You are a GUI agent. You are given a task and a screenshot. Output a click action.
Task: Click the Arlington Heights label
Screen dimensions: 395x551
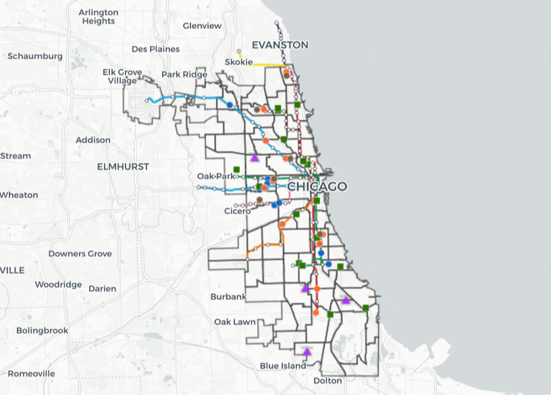99,17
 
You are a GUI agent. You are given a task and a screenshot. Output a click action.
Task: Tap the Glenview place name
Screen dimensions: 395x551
202,26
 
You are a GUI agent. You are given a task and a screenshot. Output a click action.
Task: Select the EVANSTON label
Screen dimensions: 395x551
280,45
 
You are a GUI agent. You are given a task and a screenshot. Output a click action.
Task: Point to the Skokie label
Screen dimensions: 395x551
238,63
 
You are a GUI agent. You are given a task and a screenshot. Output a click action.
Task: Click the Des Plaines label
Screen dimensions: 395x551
155,49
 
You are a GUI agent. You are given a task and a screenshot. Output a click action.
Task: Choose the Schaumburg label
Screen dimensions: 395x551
35,56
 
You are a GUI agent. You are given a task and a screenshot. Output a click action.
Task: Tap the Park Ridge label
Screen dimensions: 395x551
184,74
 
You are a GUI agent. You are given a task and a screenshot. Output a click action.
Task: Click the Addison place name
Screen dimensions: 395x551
93,140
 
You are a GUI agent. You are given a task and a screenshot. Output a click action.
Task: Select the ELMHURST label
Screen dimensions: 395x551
123,166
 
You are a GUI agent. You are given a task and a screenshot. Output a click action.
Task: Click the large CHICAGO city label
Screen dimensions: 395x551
317,187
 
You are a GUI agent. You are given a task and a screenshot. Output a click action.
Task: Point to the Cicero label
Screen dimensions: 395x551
237,211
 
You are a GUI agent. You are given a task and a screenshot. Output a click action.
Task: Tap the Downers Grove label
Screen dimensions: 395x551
80,253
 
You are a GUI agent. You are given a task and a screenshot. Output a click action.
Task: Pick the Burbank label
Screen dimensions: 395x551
228,297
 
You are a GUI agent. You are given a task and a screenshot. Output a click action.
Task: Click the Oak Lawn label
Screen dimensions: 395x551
235,322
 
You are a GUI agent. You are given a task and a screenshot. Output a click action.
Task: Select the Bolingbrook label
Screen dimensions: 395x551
42,330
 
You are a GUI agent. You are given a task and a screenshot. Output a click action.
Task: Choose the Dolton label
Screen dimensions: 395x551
328,381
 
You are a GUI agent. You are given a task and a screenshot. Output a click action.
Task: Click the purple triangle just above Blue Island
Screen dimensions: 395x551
307,351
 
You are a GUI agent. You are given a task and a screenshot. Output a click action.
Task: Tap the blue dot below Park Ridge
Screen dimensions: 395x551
230,105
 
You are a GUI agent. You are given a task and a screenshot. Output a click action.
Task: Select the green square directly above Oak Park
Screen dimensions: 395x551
236,169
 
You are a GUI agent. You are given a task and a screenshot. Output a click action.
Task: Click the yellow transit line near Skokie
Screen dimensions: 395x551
267,64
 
